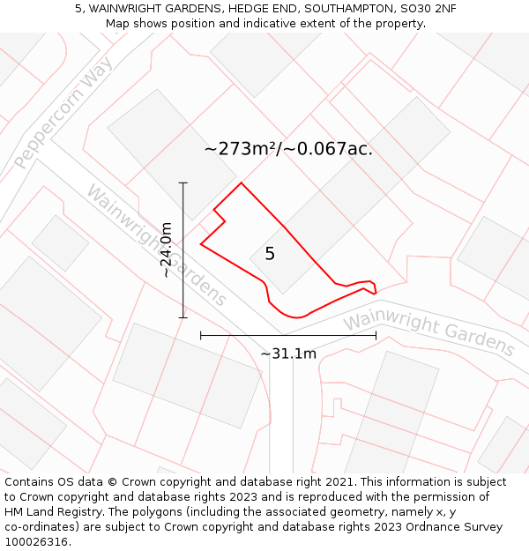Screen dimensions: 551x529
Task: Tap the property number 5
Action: click(x=270, y=254)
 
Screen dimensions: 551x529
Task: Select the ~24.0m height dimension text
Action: click(x=166, y=250)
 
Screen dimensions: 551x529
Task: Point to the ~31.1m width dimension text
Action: click(x=288, y=354)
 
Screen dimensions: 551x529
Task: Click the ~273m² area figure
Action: click(x=240, y=149)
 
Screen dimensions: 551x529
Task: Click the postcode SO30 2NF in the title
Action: click(x=427, y=9)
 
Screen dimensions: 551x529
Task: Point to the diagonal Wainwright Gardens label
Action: click(x=156, y=245)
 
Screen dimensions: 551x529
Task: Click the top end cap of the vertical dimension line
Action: click(x=183, y=182)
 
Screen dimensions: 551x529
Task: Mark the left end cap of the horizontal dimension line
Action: click(x=201, y=335)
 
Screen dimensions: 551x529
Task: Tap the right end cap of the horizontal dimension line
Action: click(x=376, y=335)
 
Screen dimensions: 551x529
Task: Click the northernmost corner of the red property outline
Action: click(x=242, y=183)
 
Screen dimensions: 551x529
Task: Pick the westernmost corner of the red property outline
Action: click(x=201, y=244)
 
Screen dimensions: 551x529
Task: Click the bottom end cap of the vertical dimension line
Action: click(x=183, y=317)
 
